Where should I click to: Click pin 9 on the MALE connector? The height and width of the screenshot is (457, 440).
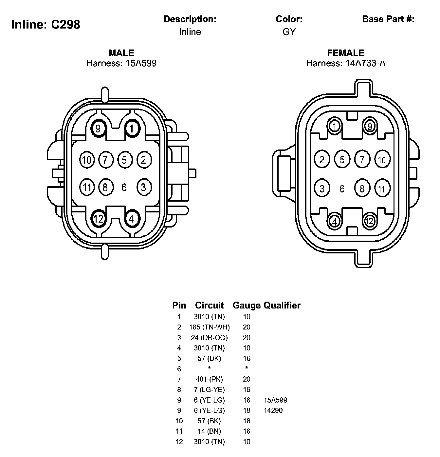98,128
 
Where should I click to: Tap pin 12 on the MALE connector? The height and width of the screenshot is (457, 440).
98,218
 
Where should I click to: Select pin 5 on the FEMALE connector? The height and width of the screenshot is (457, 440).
342,160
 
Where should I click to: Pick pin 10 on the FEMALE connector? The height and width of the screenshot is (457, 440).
382,160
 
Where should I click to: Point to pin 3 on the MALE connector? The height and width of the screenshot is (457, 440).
143,187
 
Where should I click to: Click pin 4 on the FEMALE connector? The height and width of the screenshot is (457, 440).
335,221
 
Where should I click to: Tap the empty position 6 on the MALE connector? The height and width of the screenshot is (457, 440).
124,188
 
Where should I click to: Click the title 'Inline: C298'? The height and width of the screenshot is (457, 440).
46,24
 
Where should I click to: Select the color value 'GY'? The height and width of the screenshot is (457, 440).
289,32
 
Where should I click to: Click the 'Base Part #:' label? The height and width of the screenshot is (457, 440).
388,19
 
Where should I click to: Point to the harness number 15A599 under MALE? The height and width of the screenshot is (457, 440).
141,63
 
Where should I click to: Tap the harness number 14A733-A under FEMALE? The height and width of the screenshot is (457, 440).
365,63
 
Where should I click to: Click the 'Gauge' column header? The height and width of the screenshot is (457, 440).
247,306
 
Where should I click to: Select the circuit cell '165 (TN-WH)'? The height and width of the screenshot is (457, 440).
210,327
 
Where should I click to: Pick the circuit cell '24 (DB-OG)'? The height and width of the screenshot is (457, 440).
210,338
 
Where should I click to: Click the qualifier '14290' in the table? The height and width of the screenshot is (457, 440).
273,410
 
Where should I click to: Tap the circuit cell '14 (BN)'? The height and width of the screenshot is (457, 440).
210,431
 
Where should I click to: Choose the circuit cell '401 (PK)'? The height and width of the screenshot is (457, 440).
210,379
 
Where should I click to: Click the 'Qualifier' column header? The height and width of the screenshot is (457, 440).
282,306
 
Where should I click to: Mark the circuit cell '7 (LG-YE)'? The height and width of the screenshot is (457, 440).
210,390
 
